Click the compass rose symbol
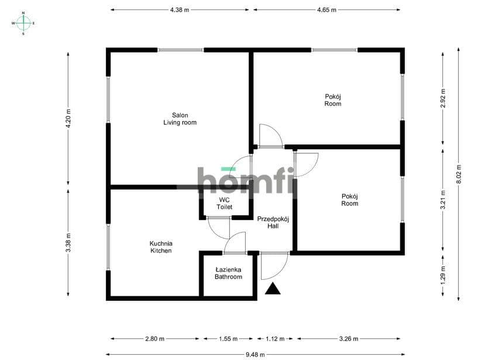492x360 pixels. [23, 23]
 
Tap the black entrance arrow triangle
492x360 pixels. [273, 289]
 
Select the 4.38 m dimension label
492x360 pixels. [180, 10]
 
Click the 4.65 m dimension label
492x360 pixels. [326, 10]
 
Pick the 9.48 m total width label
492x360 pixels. [255, 355]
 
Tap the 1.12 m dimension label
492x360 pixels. [275, 339]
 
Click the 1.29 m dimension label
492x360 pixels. [443, 275]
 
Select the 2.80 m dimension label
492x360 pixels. [154, 339]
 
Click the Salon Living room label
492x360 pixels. [180, 119]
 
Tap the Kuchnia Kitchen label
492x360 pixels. [161, 247]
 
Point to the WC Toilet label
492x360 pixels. [224, 203]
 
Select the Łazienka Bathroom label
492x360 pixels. [228, 273]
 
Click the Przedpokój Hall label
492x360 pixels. [273, 222]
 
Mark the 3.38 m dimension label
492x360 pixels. [68, 242]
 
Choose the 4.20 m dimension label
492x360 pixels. [68, 118]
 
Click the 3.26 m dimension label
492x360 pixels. [349, 339]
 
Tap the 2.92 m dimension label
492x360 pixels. [443, 98]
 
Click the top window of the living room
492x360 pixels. [180, 50]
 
